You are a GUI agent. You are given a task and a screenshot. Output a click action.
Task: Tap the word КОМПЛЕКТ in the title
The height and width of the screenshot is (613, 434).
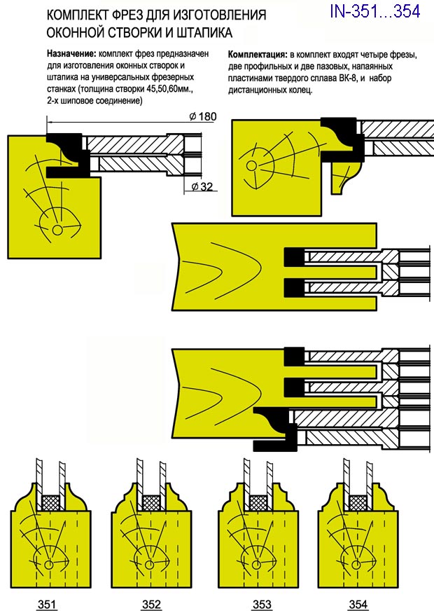click(x=78, y=15)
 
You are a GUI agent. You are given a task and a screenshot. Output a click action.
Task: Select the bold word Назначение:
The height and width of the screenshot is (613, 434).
click(x=72, y=53)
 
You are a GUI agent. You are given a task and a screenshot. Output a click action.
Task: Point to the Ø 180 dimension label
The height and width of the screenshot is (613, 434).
click(x=204, y=117)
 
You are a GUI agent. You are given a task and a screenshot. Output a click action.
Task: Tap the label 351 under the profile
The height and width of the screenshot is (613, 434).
click(x=49, y=604)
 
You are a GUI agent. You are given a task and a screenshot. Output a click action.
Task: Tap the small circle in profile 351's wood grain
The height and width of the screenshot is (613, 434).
click(x=49, y=565)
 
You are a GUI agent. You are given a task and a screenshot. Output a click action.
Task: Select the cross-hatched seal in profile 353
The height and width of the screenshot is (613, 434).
click(x=258, y=502)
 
